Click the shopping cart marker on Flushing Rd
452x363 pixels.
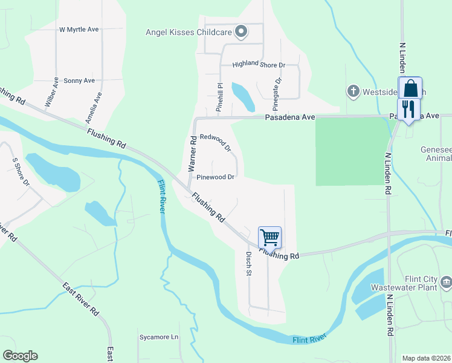click(270, 237)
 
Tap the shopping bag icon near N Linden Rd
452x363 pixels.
click(410, 88)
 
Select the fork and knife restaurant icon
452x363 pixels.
click(409, 110)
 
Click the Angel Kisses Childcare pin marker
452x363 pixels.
click(241, 32)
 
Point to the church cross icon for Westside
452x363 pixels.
click(353, 92)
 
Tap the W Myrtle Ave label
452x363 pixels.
click(79, 29)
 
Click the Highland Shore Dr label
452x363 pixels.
click(259, 64)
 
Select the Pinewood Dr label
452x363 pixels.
click(215, 177)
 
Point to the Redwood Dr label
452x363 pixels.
click(216, 143)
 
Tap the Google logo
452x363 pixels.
click(20, 356)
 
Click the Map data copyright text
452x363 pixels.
click(427, 358)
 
